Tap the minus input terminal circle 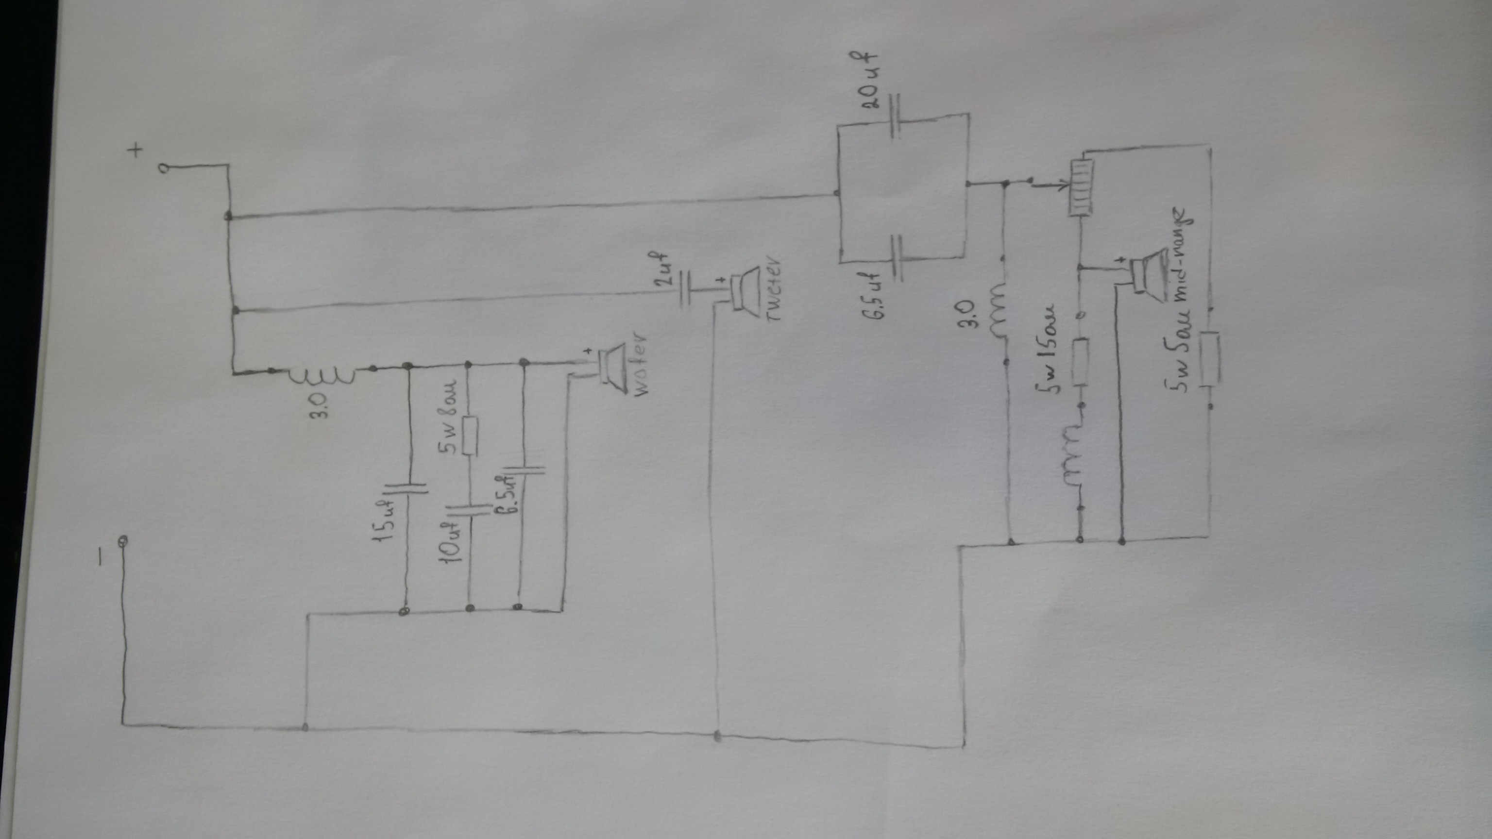123,541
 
